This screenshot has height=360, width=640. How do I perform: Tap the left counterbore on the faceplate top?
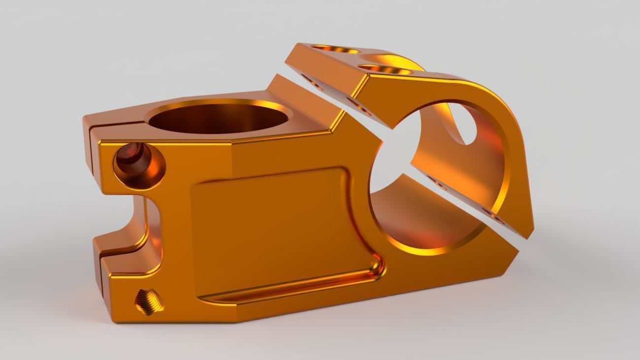click(335, 50)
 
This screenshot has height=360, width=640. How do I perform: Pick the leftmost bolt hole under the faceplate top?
click(315, 82)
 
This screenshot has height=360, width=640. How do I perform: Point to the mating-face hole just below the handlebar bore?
click(437, 183)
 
